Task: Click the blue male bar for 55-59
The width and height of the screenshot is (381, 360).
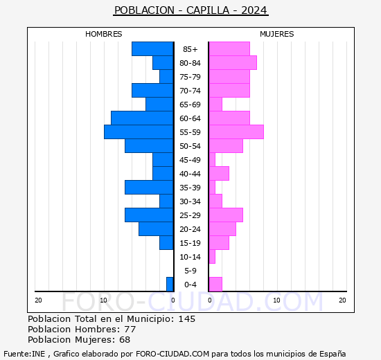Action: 139,132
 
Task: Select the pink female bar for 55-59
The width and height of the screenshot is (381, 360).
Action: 236,132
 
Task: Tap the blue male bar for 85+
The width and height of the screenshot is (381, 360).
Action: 152,48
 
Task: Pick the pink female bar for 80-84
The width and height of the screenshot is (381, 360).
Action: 232,62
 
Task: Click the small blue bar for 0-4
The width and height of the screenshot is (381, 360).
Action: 170,284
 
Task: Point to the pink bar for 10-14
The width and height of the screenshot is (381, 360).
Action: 212,256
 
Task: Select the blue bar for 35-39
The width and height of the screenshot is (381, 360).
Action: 149,187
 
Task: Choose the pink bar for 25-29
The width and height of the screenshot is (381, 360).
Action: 225,215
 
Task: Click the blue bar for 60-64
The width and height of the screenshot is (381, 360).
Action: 142,118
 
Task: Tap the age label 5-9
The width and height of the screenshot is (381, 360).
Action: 190,271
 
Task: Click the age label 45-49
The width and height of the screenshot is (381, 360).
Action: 190,160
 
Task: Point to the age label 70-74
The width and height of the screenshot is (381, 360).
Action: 190,91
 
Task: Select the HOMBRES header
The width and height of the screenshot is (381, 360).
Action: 104,34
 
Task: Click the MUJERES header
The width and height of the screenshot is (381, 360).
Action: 277,34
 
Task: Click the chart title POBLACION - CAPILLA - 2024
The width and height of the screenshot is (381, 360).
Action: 190,10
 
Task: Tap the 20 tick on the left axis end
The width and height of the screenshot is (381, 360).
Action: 39,300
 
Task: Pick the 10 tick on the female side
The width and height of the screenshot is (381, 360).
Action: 276,300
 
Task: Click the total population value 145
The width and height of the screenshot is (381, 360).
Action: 186,318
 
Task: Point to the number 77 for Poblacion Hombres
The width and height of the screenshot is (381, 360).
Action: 130,329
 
